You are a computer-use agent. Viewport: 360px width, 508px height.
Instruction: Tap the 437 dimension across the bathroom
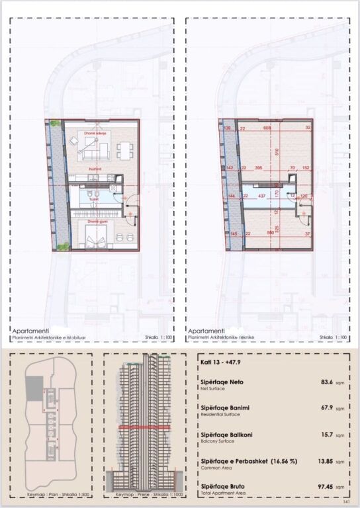261,196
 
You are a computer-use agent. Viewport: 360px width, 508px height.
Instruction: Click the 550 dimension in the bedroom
269,233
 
